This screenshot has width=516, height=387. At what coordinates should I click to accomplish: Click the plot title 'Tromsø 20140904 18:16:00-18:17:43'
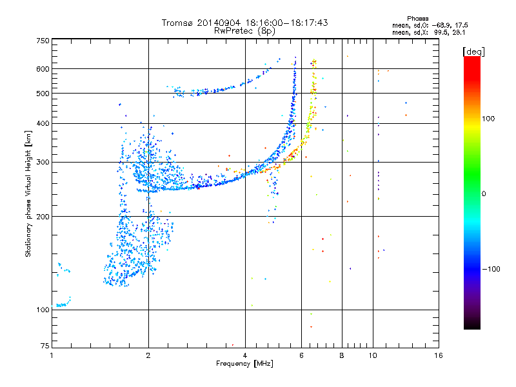click(x=245, y=23)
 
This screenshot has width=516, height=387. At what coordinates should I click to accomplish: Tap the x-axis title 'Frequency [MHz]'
click(x=244, y=364)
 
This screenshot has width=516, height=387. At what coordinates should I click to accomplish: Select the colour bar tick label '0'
click(x=485, y=193)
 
